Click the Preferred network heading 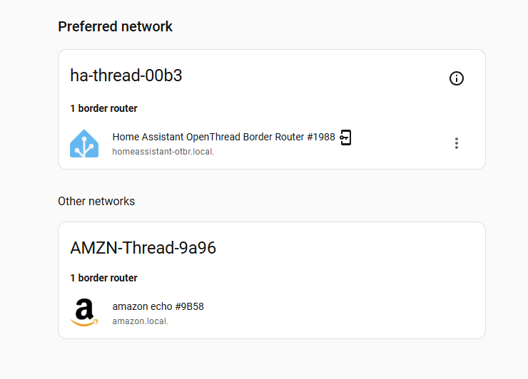pos(115,26)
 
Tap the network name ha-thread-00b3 pos(126,76)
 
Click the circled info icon pos(456,78)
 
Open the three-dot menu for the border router pos(456,143)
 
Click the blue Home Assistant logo pos(84,144)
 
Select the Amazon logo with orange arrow pos(84,313)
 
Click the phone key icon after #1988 pos(345,137)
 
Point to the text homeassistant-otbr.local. pos(163,152)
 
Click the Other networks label pos(96,201)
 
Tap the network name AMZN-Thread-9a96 pos(143,248)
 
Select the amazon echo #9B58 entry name pos(158,306)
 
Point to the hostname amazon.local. pos(140,321)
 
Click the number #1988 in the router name pos(321,137)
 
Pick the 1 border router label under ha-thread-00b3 pos(103,108)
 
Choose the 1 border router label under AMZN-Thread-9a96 pos(103,278)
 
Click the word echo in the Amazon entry pos(161,306)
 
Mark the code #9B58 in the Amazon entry pos(190,306)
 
